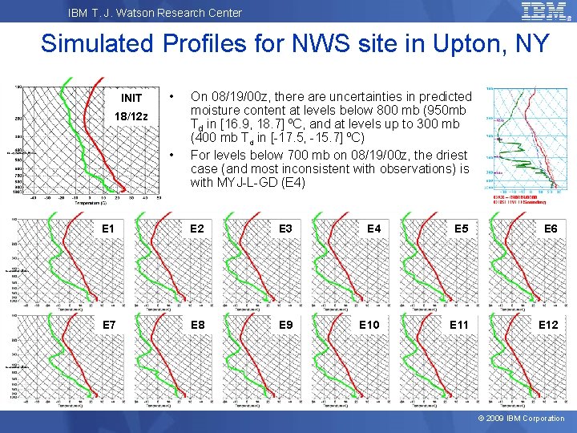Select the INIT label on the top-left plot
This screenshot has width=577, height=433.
coord(131,99)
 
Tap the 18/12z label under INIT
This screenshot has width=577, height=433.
coord(131,116)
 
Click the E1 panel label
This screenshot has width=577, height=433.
coord(108,229)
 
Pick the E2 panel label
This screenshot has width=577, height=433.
coord(196,229)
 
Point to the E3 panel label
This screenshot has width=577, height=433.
coord(285,229)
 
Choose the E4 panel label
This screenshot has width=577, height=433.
coord(373,229)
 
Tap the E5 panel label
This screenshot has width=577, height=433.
coord(462,229)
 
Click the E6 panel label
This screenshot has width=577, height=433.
coord(551,229)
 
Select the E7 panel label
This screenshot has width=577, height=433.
coord(108,325)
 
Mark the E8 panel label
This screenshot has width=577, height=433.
coord(196,325)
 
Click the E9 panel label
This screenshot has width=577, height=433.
coord(285,325)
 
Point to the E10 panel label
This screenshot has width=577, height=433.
coord(369,325)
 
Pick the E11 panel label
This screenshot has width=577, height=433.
coord(458,325)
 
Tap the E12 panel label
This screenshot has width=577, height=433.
coord(547,325)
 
